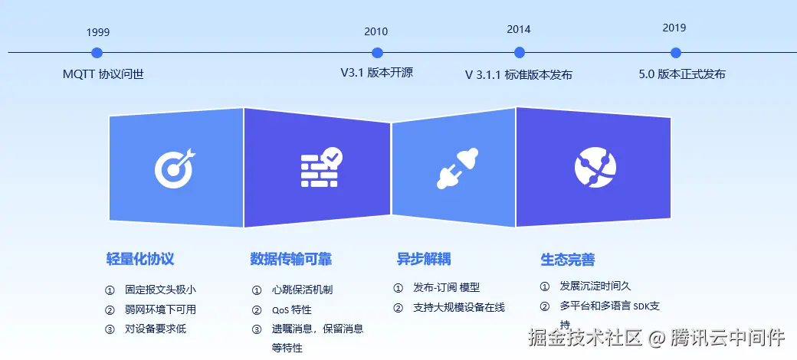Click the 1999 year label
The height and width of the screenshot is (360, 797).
tap(97, 32)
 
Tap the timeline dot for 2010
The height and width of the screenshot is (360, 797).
tap(377, 52)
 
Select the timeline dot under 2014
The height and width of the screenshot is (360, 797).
tap(519, 52)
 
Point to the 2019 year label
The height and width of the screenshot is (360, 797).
tap(674, 28)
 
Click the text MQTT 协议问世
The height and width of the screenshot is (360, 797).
tap(103, 74)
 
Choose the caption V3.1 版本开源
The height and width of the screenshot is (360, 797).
tap(376, 73)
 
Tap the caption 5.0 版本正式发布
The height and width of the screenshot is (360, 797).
tap(681, 74)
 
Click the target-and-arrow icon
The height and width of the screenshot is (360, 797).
tap(175, 168)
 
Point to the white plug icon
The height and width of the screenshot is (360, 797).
tap(458, 168)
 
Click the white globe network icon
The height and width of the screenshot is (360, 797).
tap(595, 168)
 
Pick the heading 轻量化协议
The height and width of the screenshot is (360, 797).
tap(140, 259)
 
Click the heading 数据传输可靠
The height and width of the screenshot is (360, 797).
tap(290, 259)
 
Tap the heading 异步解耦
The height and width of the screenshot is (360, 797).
tap(423, 259)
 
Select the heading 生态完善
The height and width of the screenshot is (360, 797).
tap(567, 260)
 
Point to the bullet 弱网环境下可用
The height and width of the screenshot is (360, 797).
tap(161, 309)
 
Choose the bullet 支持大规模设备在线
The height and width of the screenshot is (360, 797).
tap(459, 308)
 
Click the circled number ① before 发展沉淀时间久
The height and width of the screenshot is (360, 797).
tap(544, 286)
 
